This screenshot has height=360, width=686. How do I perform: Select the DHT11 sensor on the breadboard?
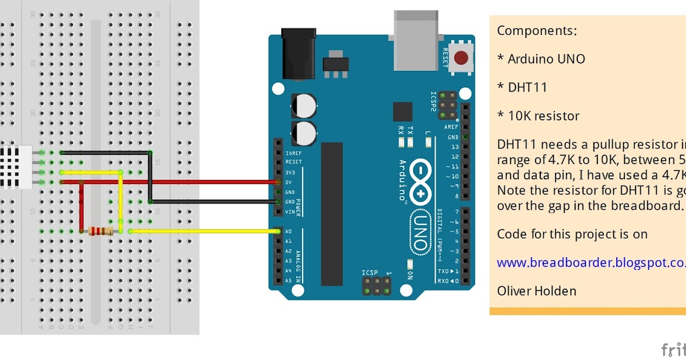(x=16, y=167)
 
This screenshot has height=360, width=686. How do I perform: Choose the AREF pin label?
(x=452, y=127)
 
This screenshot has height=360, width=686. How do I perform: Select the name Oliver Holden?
(x=536, y=291)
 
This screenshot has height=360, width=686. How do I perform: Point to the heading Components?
(x=537, y=31)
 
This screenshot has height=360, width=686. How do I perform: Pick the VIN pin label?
(x=290, y=212)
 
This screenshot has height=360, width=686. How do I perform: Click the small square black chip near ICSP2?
(x=402, y=111)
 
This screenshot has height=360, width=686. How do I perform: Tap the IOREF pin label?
(x=293, y=153)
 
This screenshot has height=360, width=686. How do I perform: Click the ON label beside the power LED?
(x=410, y=275)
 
